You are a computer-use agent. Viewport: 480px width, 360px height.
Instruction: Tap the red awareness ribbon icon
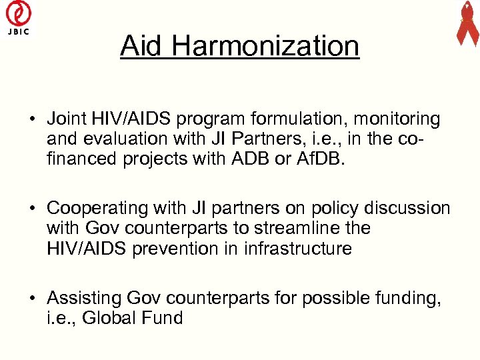467,24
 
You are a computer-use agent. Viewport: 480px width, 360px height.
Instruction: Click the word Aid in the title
142,46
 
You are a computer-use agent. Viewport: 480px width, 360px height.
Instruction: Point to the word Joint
65,119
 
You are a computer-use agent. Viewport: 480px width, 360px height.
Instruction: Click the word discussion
403,208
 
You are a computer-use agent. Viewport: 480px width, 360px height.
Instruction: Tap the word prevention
175,249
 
